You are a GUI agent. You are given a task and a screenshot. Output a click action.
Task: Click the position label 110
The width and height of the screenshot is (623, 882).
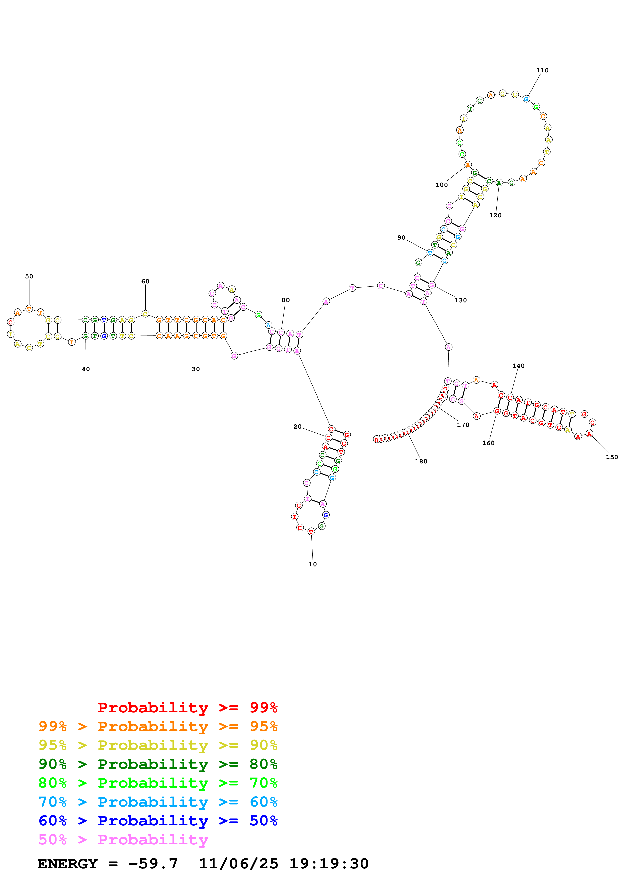[x=542, y=70]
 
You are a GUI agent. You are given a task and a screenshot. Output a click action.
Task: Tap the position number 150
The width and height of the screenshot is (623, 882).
[x=612, y=457]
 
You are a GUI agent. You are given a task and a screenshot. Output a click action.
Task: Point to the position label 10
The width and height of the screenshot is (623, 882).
[x=313, y=564]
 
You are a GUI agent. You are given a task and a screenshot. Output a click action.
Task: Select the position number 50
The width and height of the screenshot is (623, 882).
[x=29, y=276]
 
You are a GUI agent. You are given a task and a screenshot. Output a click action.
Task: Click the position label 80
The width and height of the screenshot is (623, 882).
[x=285, y=300]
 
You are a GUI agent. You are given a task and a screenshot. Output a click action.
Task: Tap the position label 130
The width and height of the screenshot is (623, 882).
[x=461, y=300]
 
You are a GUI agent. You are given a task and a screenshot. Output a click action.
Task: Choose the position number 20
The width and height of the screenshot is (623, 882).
[x=298, y=426]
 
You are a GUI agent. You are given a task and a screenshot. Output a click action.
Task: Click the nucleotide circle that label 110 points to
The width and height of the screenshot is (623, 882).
[x=526, y=99]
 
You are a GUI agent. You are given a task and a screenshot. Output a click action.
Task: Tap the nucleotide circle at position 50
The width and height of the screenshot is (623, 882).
[x=29, y=308]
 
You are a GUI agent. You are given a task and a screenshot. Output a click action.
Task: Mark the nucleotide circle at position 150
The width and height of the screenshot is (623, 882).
[x=589, y=434]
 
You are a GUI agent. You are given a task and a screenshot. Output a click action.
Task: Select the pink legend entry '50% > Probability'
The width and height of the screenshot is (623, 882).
[x=123, y=839]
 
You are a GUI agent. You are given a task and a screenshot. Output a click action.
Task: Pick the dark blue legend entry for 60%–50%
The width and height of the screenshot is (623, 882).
[x=158, y=821]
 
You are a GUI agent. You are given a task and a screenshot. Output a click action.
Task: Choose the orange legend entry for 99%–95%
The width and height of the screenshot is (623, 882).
[x=158, y=726]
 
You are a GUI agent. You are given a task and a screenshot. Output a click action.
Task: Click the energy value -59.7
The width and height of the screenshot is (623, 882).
[x=153, y=864]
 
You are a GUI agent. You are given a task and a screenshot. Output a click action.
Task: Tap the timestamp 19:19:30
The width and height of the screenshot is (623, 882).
[x=329, y=864]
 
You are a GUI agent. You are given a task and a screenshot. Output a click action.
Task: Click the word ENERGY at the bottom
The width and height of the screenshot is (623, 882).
[x=68, y=864]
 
